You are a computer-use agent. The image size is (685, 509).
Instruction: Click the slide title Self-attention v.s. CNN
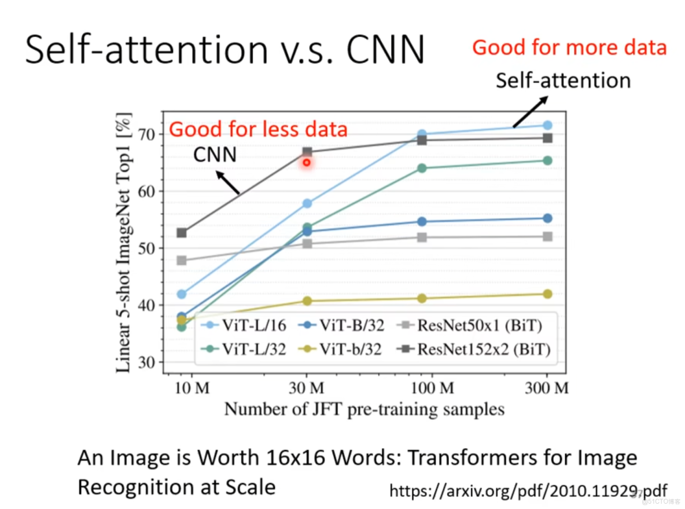point(224,50)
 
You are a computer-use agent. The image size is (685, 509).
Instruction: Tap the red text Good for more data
point(569,47)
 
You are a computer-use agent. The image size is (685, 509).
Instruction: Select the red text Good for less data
point(258,129)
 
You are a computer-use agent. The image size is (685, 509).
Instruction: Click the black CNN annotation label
point(215,155)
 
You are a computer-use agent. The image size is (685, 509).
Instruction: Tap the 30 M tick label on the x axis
point(307,387)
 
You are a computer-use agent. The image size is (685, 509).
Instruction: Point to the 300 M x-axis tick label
point(547,387)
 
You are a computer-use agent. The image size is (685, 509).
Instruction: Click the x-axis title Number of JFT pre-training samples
point(364,409)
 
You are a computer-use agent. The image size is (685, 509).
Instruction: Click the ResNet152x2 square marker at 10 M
point(182,233)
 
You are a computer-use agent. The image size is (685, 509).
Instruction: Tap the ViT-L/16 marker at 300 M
point(547,125)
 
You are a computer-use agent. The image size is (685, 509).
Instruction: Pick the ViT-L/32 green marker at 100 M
point(422,168)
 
